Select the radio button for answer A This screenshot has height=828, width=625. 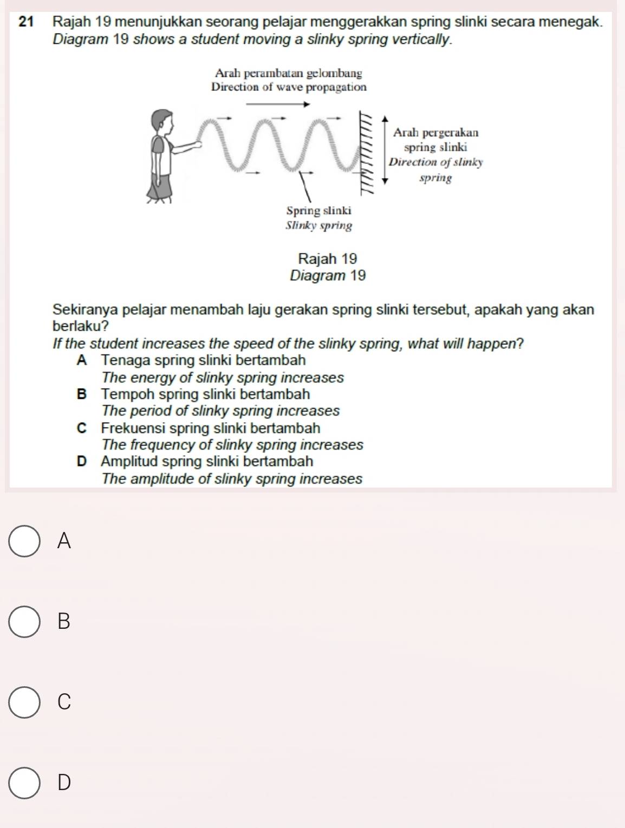24,541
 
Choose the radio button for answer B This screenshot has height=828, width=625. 24,622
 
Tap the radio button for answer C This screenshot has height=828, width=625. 24,702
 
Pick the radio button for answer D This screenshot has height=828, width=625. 24,783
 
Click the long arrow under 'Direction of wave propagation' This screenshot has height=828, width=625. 279,105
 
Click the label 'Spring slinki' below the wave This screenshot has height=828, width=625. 318,211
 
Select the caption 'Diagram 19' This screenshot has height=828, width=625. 328,276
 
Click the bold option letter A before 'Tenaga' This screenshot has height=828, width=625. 82,360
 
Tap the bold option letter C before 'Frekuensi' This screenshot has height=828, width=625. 82,429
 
